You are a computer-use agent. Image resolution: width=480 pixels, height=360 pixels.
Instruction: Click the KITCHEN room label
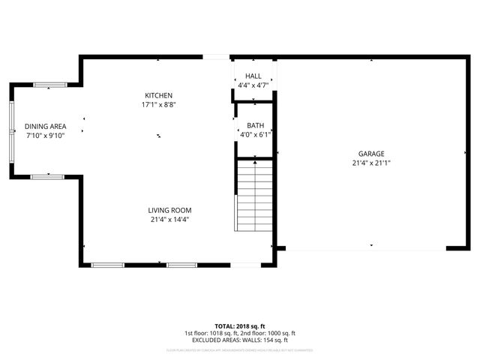[159, 95]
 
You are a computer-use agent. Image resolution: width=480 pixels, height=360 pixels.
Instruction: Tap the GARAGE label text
[371, 153]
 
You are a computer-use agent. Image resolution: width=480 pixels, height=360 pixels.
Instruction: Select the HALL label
[253, 76]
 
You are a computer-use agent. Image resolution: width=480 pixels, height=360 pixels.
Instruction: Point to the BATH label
[255, 125]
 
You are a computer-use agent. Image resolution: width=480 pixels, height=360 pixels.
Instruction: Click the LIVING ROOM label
[170, 210]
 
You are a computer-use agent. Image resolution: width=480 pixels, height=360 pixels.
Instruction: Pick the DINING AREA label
[46, 127]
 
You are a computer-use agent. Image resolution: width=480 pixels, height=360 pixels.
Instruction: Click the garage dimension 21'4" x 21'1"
[371, 163]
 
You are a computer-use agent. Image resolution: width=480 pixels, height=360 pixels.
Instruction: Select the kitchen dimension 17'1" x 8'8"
[159, 105]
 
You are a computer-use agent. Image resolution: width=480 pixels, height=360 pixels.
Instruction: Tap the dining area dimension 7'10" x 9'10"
[46, 136]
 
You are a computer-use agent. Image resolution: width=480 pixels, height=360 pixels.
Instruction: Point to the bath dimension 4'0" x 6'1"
[255, 135]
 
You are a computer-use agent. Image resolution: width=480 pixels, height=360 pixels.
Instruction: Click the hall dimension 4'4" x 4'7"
[253, 85]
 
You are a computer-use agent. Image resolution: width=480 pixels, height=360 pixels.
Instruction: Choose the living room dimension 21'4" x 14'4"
[170, 220]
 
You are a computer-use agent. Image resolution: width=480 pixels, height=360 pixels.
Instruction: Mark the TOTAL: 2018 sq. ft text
[240, 327]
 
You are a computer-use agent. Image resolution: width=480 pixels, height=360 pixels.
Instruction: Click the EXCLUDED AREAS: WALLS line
[240, 340]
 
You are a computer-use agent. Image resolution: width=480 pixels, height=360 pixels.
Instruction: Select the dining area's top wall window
[49, 84]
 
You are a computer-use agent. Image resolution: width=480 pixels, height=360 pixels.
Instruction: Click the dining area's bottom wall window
[46, 175]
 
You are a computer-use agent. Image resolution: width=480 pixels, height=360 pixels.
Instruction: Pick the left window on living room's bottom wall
[107, 264]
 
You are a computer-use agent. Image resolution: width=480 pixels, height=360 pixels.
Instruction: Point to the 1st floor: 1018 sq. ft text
[212, 334]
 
